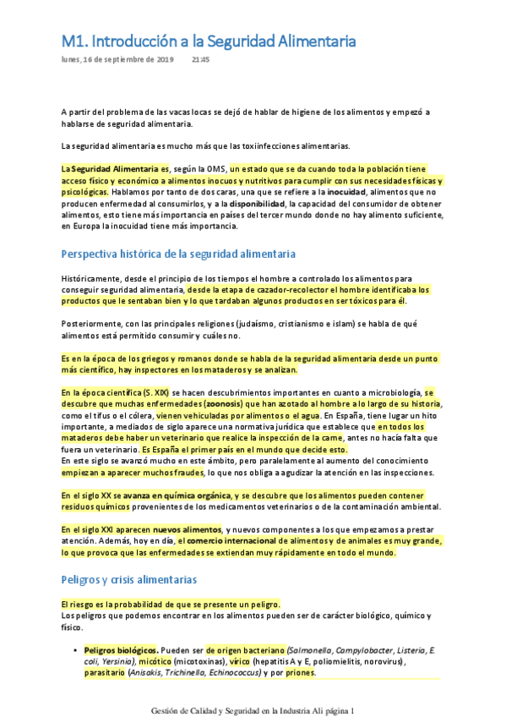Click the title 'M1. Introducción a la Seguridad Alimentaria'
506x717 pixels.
tap(209, 41)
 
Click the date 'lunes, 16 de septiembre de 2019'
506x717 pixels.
tap(117, 60)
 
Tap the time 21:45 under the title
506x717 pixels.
tap(201, 60)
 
